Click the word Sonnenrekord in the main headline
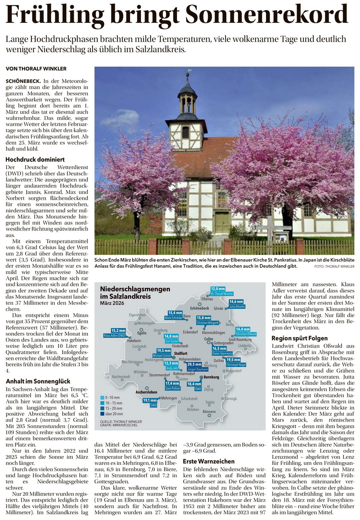[267, 15]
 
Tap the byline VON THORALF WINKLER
[36, 68]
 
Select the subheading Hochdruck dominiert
[35, 159]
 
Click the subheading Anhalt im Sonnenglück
[38, 381]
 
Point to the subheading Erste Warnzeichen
[209, 461]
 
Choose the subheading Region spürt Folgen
[300, 338]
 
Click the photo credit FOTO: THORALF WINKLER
[334, 267]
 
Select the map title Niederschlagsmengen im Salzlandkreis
[135, 293]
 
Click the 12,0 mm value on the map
[218, 289]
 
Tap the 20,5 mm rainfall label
[194, 365]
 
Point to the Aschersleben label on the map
[146, 392]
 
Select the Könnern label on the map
[209, 412]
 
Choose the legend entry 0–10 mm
[112, 398]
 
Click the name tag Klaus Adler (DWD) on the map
[114, 335]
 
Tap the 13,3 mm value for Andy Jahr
[171, 363]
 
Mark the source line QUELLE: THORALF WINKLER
[121, 421]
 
